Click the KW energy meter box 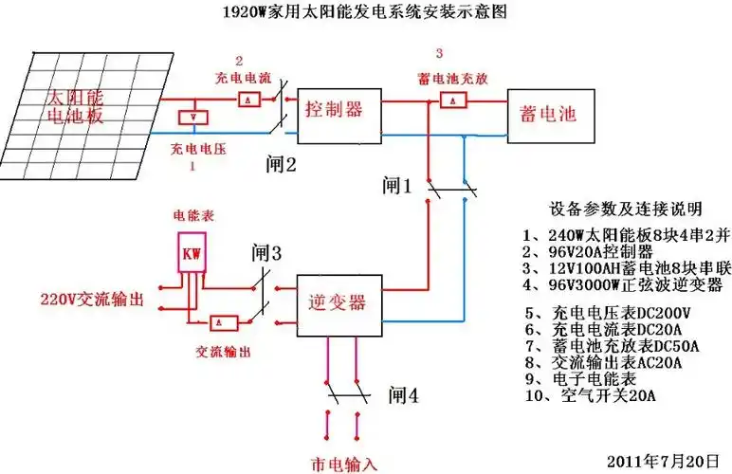click(192, 254)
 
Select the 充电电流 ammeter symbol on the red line click(247, 99)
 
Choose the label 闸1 click(398, 185)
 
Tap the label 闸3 click(266, 253)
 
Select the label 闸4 click(402, 393)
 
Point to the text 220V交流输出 click(91, 299)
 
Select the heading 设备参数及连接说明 click(624, 208)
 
